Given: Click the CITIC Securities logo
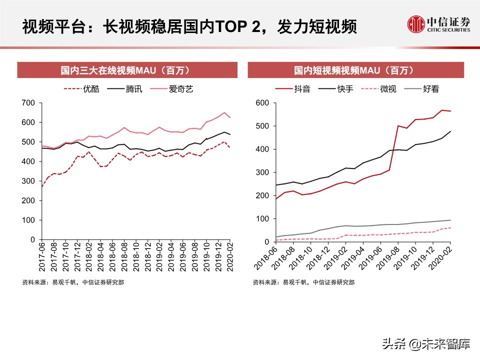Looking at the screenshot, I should click(438, 24).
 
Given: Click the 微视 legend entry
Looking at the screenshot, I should click(387, 89).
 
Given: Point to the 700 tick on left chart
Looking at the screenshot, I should click(28, 103).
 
